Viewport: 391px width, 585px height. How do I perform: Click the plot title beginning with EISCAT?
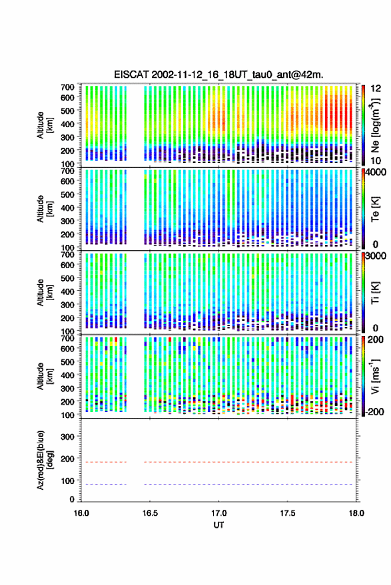(x=218, y=75)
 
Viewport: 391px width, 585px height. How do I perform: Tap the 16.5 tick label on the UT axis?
(x=150, y=513)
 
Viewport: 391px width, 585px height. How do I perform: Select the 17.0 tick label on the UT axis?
(x=219, y=513)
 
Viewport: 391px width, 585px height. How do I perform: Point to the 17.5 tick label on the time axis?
(x=288, y=513)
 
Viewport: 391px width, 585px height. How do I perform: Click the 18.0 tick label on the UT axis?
(x=356, y=513)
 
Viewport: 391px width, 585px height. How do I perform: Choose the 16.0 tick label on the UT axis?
(x=81, y=513)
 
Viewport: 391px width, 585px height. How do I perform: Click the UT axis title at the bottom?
(x=218, y=525)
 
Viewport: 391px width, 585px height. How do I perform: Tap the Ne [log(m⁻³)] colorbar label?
(x=375, y=125)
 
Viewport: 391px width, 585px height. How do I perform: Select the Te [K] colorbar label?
(x=375, y=209)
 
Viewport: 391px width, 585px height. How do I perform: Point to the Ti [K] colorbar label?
(x=375, y=293)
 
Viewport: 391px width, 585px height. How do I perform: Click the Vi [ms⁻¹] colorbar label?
(x=375, y=376)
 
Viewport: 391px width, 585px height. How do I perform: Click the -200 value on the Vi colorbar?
(x=374, y=411)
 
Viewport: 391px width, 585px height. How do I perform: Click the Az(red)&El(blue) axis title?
(x=44, y=460)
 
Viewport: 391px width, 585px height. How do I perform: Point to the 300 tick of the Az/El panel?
(x=67, y=437)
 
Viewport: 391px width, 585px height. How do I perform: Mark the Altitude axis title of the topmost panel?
(x=44, y=125)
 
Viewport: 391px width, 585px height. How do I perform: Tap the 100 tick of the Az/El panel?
(x=67, y=481)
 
